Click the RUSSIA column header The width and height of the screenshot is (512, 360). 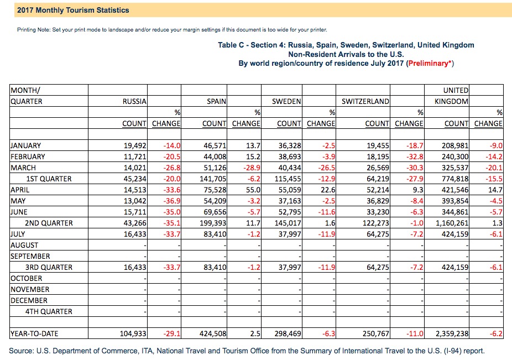click(x=134, y=101)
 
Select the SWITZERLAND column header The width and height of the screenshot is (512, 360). click(x=365, y=101)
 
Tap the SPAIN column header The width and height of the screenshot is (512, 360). click(x=217, y=101)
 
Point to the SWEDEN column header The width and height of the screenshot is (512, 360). click(x=286, y=101)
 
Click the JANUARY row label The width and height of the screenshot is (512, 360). click(x=26, y=145)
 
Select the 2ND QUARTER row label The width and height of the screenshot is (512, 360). click(x=49, y=223)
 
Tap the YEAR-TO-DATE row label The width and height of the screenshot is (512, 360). click(x=34, y=333)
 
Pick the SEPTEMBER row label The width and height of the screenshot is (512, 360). click(x=30, y=256)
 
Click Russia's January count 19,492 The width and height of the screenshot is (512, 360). click(x=135, y=145)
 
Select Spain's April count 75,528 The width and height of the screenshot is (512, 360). click(x=215, y=190)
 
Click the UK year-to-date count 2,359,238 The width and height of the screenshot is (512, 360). click(x=452, y=333)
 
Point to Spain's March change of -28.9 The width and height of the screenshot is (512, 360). click(x=252, y=168)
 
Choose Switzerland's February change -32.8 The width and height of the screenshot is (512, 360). click(x=415, y=157)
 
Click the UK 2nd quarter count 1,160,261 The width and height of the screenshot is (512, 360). click(x=452, y=223)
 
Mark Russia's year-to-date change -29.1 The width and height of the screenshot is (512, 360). click(x=172, y=333)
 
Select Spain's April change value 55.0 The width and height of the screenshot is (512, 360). click(x=254, y=190)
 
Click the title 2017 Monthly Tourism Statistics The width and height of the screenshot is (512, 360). click(x=73, y=10)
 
